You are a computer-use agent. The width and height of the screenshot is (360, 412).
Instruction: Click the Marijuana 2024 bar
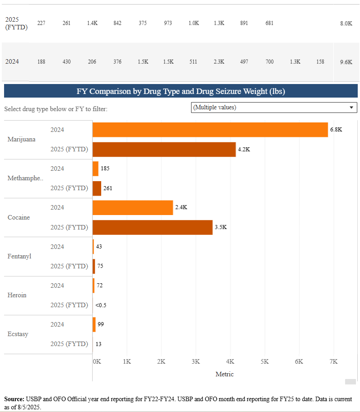click(210, 130)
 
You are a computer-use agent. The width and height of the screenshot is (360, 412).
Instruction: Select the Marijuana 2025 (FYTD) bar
click(164, 150)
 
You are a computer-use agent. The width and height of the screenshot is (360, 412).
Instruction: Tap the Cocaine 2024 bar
click(133, 208)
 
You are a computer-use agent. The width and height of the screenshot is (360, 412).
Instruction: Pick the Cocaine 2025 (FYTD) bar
click(152, 227)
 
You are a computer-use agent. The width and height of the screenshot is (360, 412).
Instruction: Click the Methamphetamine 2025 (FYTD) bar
click(97, 188)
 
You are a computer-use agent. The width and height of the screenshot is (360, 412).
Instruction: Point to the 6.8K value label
click(336, 129)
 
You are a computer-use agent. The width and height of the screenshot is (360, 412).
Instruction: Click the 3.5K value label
click(220, 227)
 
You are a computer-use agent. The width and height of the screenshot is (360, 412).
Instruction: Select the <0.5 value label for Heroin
click(101, 305)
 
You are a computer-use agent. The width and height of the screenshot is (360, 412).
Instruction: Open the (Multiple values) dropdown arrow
click(351, 108)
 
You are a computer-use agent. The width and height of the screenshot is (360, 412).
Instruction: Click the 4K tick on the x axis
click(230, 362)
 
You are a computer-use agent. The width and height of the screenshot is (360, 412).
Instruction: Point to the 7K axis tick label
click(334, 362)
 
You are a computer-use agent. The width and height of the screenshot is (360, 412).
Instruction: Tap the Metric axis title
click(224, 374)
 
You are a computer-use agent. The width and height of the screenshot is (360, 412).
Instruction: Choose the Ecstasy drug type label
click(18, 334)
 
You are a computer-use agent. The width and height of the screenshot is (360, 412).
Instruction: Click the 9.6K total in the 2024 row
click(346, 62)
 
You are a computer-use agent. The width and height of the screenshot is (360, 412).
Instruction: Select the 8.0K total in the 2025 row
click(346, 23)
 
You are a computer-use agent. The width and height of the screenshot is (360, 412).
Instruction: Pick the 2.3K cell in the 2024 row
click(219, 62)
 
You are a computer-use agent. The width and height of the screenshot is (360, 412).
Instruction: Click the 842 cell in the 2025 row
click(117, 23)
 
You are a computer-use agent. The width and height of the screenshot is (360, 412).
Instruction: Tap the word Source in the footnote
click(14, 399)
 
